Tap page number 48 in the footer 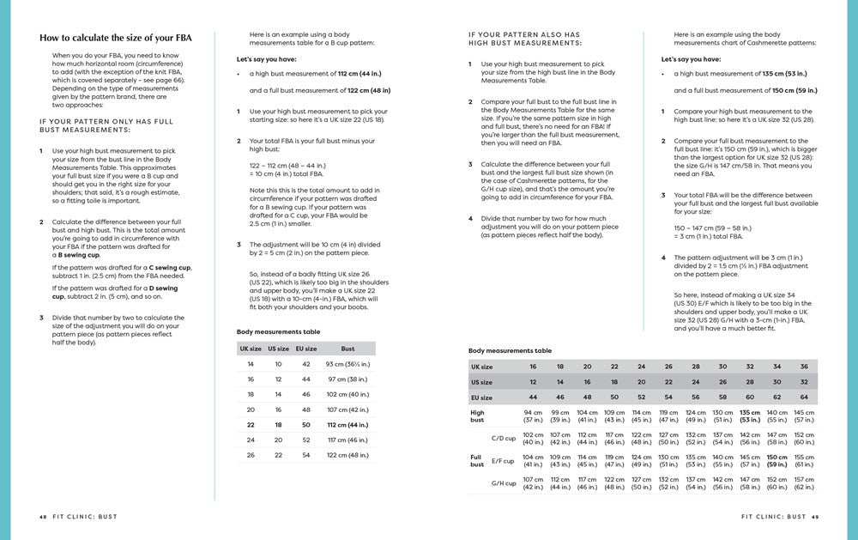(x=43, y=517)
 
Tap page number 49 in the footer (x=815, y=517)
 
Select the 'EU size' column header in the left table (x=306, y=349)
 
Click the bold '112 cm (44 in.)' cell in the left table (x=347, y=424)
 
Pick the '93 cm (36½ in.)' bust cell (x=347, y=364)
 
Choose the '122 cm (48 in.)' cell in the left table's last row (x=347, y=454)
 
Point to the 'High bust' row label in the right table (x=477, y=416)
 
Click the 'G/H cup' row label (x=503, y=482)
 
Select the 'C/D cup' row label (x=503, y=438)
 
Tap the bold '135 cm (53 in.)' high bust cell (x=749, y=416)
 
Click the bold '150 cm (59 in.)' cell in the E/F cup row (x=776, y=461)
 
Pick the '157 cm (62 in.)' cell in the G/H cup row (x=804, y=482)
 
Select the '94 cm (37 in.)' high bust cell (x=533, y=416)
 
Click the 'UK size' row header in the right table (x=481, y=367)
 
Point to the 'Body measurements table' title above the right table (x=510, y=351)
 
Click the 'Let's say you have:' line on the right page (x=691, y=59)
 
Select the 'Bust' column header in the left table (x=347, y=349)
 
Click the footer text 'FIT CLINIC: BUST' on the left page (x=83, y=517)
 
